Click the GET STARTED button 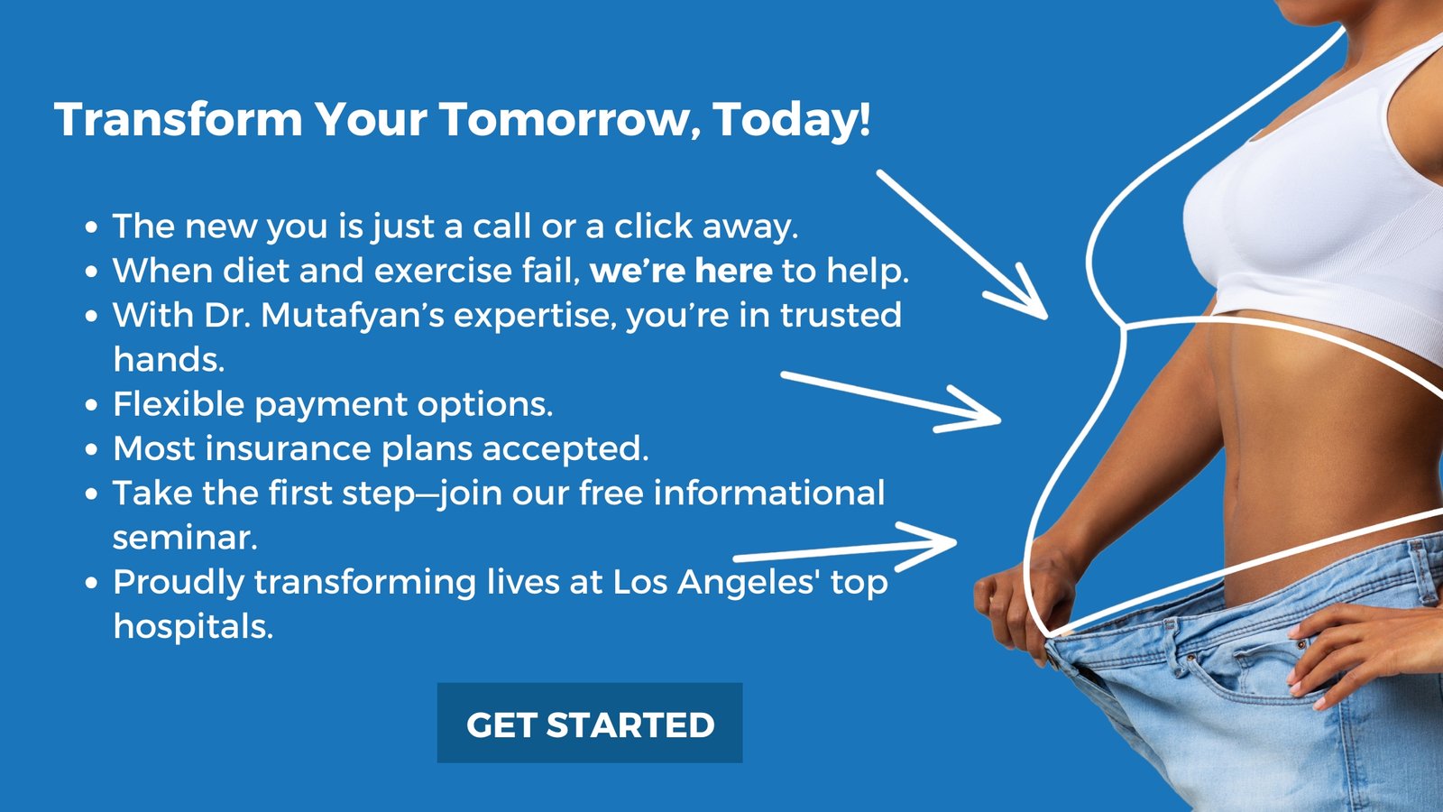click(590, 723)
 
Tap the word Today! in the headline click(793, 121)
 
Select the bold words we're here click(681, 271)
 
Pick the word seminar click(185, 538)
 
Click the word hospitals click(193, 626)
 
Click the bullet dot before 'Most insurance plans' click(91, 450)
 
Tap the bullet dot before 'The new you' click(91, 227)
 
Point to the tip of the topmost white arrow click(1047, 318)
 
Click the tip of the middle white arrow click(1000, 419)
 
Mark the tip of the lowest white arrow click(956, 542)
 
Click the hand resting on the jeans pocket click(1359, 651)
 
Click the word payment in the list click(330, 406)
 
